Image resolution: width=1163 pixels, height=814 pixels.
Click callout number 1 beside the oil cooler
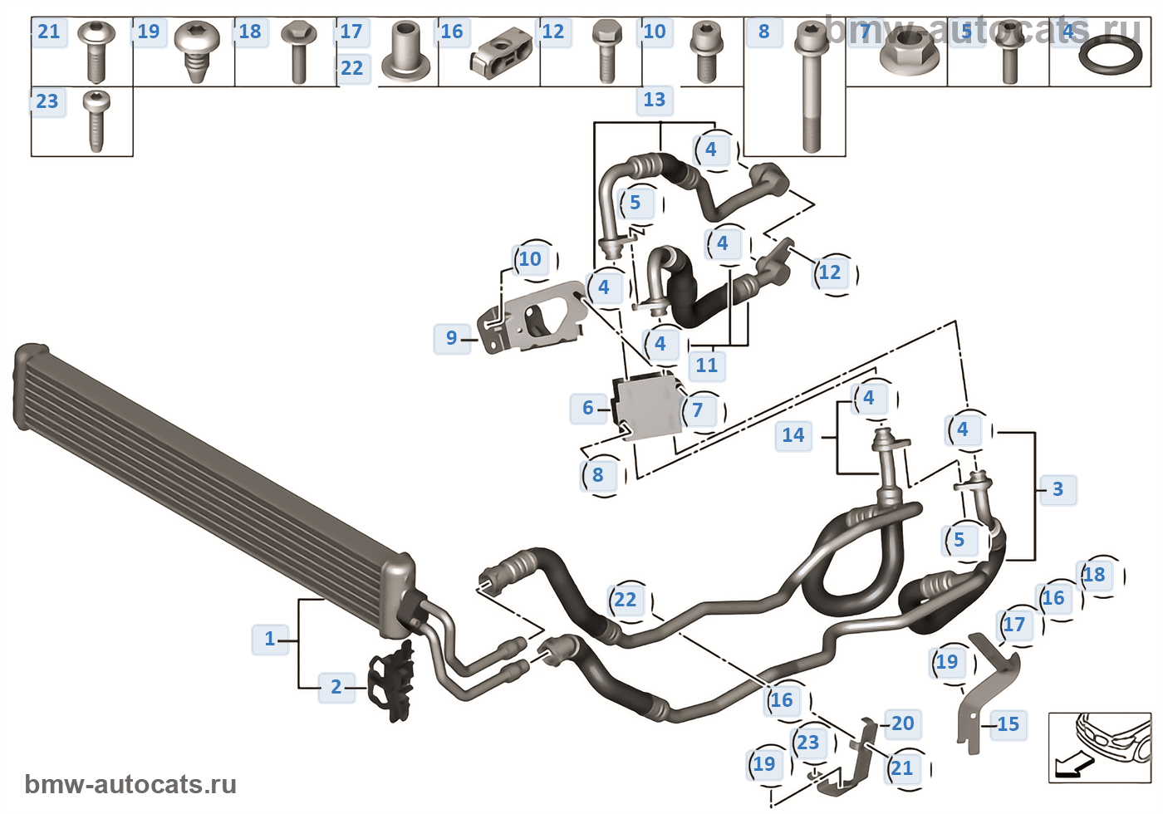point(270,639)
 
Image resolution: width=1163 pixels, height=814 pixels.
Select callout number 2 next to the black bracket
point(336,687)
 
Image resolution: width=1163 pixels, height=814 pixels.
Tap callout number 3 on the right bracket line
point(1057,489)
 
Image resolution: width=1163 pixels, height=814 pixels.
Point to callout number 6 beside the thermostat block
point(588,408)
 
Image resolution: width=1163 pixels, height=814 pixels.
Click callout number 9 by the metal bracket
point(451,338)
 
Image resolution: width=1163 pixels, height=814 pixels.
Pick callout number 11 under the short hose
point(707,365)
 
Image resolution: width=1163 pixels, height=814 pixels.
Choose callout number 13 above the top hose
point(655,100)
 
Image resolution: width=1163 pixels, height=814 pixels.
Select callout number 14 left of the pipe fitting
point(793,435)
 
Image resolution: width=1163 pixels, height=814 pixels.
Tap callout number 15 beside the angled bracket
point(1008,724)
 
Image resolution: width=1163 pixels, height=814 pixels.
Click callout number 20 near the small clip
point(903,723)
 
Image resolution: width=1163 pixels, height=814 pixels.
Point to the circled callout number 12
point(830,272)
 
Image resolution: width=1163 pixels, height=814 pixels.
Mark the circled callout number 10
point(530,259)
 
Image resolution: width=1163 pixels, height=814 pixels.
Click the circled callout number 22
point(626,600)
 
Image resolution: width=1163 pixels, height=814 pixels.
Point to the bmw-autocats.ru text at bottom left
point(130,785)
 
